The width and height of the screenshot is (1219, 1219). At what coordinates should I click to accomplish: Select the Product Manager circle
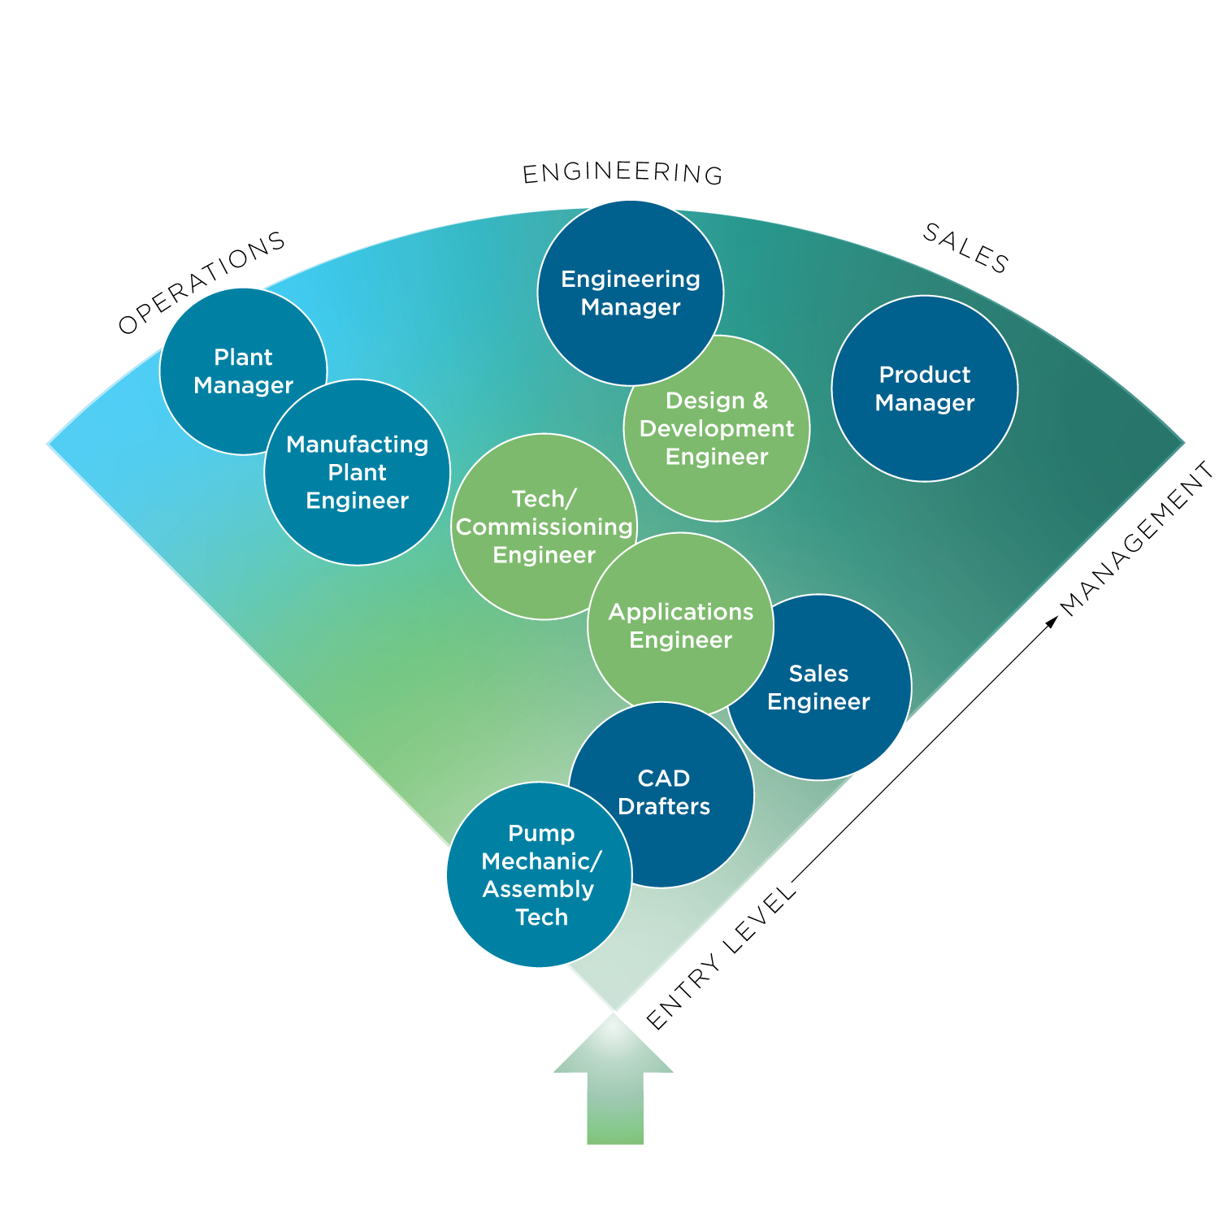[x=925, y=388]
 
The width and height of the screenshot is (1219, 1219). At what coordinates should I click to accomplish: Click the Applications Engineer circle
[x=681, y=626]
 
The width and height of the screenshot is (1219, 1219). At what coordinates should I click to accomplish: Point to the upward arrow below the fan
[x=614, y=1081]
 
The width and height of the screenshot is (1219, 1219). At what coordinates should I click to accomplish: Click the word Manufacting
[x=358, y=445]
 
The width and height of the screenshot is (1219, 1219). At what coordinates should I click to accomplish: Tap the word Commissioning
[x=544, y=527]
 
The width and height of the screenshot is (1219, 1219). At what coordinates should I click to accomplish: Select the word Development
[x=717, y=428]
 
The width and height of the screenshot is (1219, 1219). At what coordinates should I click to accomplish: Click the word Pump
[x=541, y=833]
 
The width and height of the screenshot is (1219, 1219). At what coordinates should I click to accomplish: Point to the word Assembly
[x=538, y=889]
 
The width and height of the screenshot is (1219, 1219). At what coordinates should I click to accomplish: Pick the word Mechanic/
[x=541, y=861]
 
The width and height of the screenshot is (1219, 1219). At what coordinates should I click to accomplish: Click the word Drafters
[x=664, y=806]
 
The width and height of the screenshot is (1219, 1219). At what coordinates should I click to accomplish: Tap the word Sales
[x=818, y=674]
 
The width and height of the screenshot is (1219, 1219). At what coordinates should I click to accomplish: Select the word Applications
[x=681, y=612]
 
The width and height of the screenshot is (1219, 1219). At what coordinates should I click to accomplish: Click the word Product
[x=925, y=375]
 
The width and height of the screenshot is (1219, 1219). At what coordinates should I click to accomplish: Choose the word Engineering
[x=631, y=279]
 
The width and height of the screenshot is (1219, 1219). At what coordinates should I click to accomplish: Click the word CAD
[x=664, y=779]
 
